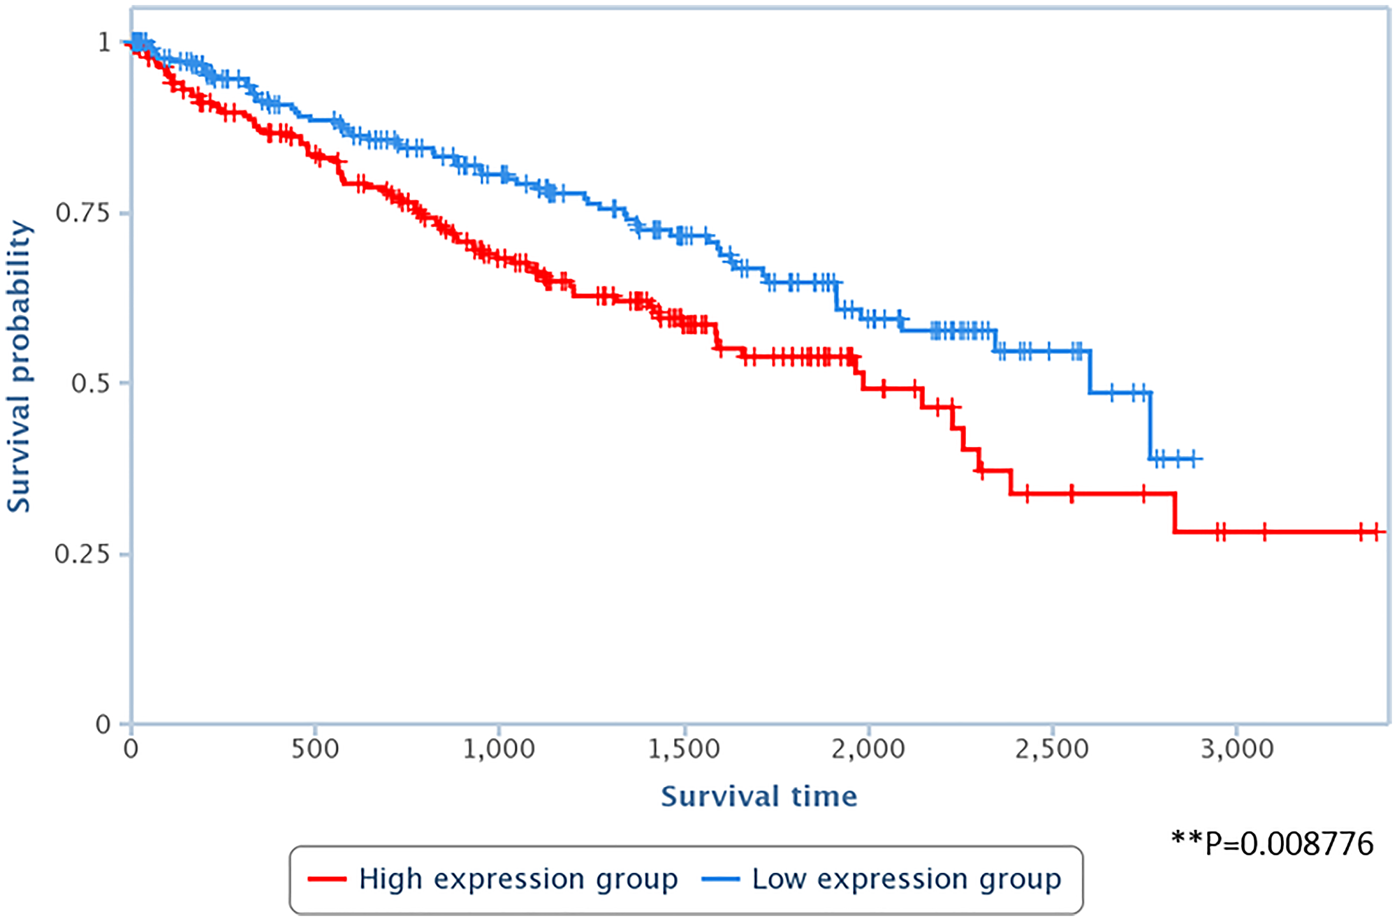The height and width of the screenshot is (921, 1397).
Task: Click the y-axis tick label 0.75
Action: click(82, 213)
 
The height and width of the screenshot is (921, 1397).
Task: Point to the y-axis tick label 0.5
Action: click(91, 383)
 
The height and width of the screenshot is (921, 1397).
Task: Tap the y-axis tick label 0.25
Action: click(82, 554)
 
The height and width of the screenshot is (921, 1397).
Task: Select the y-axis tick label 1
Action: click(104, 43)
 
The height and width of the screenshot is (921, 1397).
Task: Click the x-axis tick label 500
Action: click(315, 749)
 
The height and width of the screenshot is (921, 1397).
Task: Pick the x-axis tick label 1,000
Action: click(499, 749)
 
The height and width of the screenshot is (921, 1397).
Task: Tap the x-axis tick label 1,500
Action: click(683, 749)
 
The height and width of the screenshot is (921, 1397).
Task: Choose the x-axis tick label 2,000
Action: click(868, 749)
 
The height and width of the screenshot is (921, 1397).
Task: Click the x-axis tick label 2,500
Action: click(1052, 749)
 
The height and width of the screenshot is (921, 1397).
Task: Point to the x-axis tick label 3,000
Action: click(1236, 749)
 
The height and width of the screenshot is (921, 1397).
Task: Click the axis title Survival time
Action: click(759, 797)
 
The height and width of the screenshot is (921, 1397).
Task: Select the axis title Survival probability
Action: click(20, 367)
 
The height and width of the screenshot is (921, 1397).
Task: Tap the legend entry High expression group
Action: click(518, 879)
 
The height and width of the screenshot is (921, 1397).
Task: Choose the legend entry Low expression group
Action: click(907, 879)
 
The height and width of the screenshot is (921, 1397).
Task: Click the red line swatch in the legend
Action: click(327, 879)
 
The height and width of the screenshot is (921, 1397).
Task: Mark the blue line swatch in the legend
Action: click(720, 879)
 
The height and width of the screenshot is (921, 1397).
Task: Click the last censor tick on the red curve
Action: click(1375, 532)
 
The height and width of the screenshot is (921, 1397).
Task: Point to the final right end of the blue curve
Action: click(1201, 459)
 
